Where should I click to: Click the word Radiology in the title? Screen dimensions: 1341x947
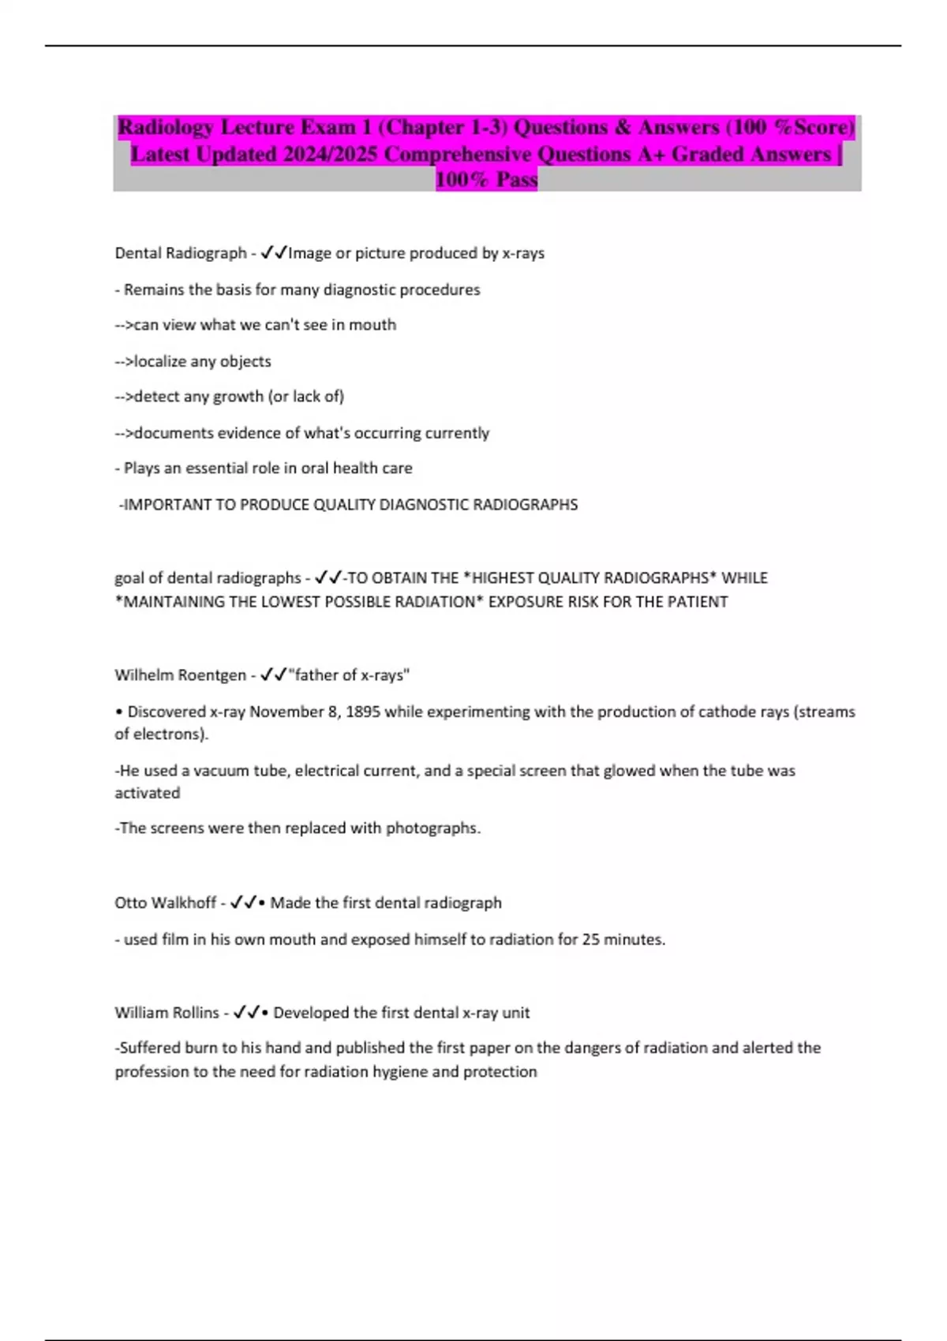(166, 128)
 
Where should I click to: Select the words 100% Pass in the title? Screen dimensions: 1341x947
(486, 181)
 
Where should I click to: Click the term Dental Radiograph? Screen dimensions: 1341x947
(181, 253)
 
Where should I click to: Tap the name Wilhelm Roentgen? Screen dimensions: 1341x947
(180, 675)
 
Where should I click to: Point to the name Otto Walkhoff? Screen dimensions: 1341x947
(165, 902)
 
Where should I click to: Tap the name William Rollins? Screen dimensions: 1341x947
(167, 1013)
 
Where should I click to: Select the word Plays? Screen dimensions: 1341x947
(142, 469)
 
